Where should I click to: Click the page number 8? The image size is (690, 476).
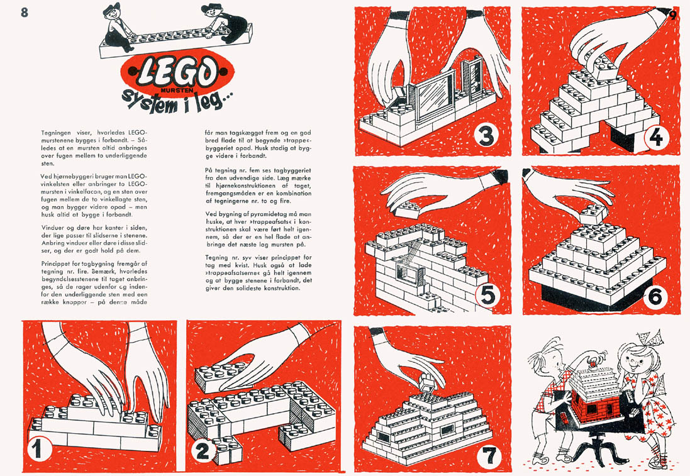click(x=24, y=13)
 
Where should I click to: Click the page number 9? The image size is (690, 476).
click(x=672, y=15)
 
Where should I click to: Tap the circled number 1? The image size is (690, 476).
click(x=37, y=450)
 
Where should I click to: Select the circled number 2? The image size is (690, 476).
click(x=202, y=451)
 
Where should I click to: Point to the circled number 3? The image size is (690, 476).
click(x=486, y=136)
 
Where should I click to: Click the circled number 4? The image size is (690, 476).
click(x=655, y=137)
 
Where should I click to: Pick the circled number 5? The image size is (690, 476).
click(x=488, y=295)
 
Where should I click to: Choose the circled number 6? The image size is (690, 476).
click(x=655, y=297)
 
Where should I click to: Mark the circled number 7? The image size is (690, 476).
click(x=489, y=457)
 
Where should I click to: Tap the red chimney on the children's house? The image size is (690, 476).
click(x=592, y=363)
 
